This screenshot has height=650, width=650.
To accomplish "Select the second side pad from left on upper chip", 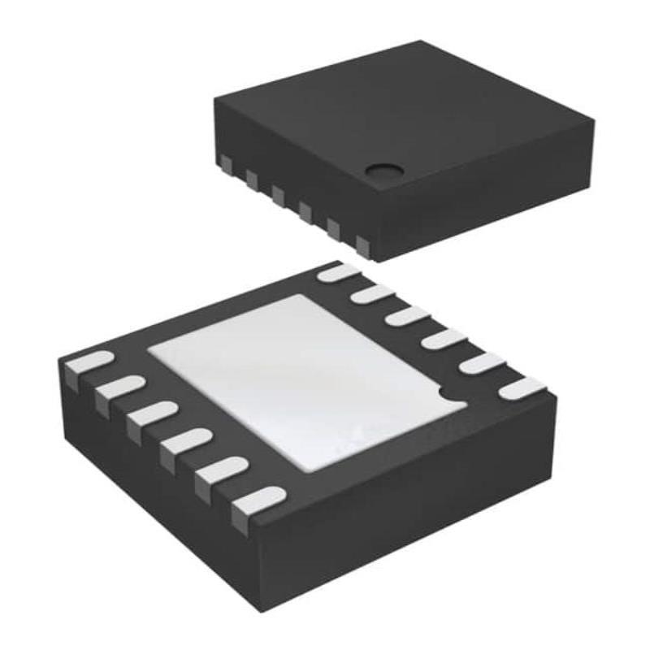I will pyautogui.click(x=251, y=175).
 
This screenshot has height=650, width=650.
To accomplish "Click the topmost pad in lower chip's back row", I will pyautogui.click(x=337, y=273).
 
